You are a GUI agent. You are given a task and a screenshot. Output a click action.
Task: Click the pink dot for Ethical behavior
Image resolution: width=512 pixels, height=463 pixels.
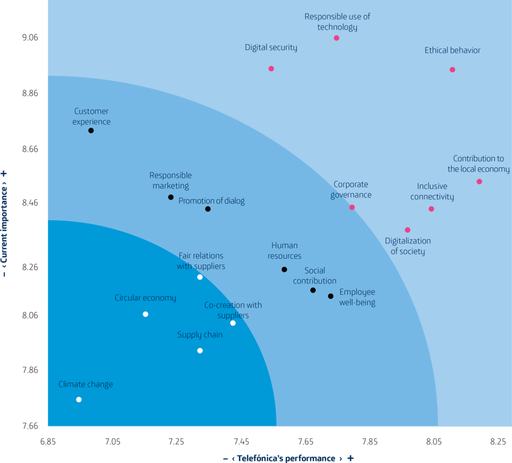[452, 69]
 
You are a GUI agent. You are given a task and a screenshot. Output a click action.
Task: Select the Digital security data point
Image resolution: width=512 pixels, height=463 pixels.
[271, 68]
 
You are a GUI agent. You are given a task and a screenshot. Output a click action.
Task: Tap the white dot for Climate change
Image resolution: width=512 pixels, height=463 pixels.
[78, 399]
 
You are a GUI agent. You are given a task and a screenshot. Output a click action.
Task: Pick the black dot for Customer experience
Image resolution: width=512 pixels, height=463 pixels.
[91, 130]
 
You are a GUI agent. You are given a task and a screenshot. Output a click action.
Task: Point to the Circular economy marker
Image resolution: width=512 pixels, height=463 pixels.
[145, 314]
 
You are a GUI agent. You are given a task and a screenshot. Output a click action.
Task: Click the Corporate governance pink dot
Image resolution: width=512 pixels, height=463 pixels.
[352, 207]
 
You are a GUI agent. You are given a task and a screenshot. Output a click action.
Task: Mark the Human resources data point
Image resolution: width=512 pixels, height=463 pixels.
[284, 269]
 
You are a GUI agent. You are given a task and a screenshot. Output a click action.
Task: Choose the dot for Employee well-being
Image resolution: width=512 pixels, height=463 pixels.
[330, 296]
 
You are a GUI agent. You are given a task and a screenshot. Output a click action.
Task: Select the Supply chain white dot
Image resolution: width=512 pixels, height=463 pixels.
[200, 350]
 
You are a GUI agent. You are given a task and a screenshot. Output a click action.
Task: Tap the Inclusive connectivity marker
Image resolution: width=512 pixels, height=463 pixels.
[431, 209]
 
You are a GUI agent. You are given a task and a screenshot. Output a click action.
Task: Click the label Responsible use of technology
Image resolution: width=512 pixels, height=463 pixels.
[337, 22]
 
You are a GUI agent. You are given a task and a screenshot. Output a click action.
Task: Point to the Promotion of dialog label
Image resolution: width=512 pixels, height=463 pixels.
[211, 201]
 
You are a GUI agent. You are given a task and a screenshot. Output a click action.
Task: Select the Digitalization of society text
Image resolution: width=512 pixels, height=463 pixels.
[408, 245]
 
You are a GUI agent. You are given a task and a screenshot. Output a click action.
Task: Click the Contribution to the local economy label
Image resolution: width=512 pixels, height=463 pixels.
[478, 164]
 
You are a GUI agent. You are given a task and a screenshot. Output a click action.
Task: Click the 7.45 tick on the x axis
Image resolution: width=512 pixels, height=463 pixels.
[241, 442]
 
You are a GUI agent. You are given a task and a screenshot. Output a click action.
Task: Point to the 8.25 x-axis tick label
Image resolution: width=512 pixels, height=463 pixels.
[497, 442]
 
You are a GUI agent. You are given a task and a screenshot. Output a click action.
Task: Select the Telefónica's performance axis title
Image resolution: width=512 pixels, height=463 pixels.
[287, 458]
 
